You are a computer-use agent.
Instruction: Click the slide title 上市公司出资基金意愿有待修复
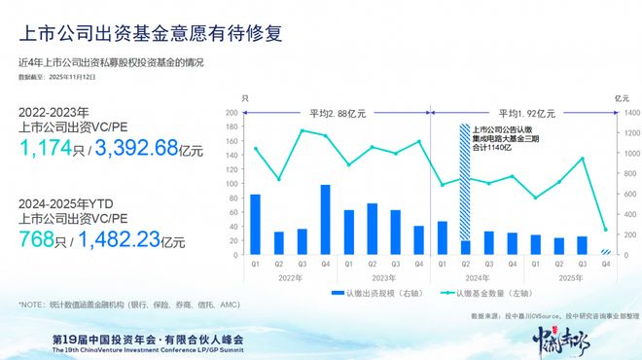[x=152, y=34]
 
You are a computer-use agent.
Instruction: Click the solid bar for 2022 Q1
[x=255, y=225]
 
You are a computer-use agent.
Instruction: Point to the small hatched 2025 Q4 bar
[x=605, y=252]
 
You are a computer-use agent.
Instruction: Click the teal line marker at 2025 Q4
[x=605, y=230]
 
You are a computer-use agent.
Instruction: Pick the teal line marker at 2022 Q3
[x=302, y=130]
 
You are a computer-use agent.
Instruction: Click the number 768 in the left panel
[x=38, y=240]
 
